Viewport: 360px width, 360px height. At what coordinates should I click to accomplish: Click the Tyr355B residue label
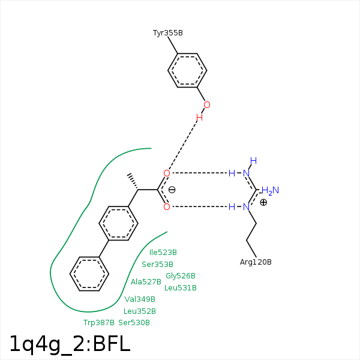pos(168,32)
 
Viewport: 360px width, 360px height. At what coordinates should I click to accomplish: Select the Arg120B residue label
pos(256,262)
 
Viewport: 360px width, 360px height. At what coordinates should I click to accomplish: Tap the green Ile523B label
pos(163,253)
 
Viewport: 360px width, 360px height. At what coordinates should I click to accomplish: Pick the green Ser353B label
pos(157,264)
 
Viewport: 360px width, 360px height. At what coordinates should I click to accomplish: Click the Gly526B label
pos(181,276)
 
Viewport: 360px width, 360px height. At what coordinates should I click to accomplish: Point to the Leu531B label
pos(181,288)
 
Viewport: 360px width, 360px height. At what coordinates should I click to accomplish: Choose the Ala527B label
pos(146,281)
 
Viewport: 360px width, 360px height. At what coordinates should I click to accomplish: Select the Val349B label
pos(140,299)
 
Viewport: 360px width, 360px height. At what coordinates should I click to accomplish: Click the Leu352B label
pos(140,311)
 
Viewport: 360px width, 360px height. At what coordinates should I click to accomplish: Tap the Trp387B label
pos(98,323)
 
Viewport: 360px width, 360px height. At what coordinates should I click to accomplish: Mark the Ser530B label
pos(134,323)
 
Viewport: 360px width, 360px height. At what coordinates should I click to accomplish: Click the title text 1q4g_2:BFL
pos(70,344)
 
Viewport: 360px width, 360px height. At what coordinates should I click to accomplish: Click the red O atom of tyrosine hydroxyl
pos(207,105)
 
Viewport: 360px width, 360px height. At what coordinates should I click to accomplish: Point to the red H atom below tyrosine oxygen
pos(199,118)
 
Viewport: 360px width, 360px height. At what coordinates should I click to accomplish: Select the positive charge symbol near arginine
pos(263,202)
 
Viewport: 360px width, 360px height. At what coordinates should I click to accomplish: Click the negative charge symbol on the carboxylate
pos(172,190)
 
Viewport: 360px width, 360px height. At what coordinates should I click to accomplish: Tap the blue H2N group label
pos(270,191)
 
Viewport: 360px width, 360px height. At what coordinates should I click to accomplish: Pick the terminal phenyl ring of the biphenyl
pos(89,274)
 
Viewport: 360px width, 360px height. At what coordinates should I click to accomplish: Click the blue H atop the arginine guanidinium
pos(253,160)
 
